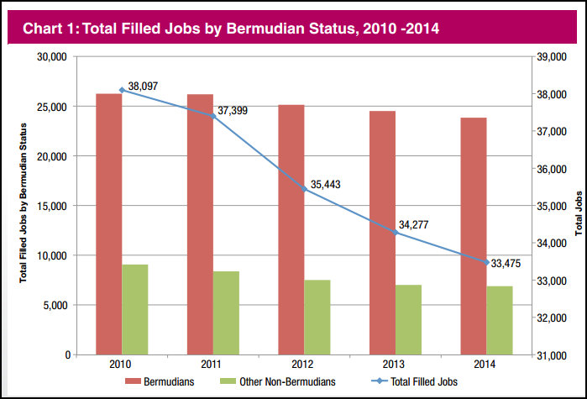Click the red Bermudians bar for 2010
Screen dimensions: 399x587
pos(109,224)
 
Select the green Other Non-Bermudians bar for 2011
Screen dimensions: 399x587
pos(226,312)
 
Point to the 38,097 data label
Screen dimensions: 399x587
pos(144,86)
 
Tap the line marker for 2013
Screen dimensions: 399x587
pos(394,232)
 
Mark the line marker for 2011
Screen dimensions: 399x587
pos(212,115)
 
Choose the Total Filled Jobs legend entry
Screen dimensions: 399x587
pos(424,381)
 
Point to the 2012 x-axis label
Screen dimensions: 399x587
pos(303,364)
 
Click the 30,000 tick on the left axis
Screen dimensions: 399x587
pos(53,57)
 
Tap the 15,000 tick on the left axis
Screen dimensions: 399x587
pos(53,206)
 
